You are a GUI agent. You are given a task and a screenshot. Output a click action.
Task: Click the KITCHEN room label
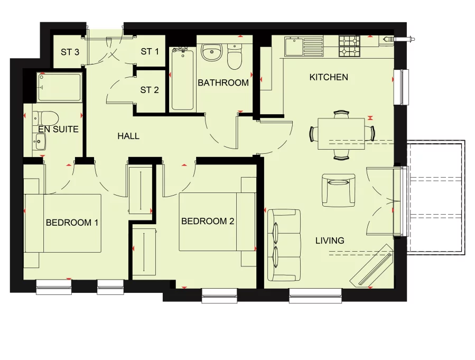329,77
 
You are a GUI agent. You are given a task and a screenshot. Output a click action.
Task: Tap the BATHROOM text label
223,83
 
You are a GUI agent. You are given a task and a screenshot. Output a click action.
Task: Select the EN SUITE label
58,129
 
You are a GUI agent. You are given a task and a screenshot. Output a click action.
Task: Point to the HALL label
128,136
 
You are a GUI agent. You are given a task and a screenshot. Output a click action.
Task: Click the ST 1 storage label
150,52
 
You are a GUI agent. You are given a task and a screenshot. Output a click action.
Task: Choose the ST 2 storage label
150,90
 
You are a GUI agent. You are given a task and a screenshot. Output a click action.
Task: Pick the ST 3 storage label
70,52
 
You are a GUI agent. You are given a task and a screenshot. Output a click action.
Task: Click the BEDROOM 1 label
72,223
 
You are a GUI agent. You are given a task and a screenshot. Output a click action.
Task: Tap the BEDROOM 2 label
208,221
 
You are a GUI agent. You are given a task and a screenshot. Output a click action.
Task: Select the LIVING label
330,241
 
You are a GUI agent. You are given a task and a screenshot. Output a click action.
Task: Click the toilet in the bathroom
235,58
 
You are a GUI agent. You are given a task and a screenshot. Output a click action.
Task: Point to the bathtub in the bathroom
182,79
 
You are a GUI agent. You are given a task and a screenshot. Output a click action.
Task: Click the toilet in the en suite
48,117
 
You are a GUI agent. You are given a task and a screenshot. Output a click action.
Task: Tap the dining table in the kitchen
341,134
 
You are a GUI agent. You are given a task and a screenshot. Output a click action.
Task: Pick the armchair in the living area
338,190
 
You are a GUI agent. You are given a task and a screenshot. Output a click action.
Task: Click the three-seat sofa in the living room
284,245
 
